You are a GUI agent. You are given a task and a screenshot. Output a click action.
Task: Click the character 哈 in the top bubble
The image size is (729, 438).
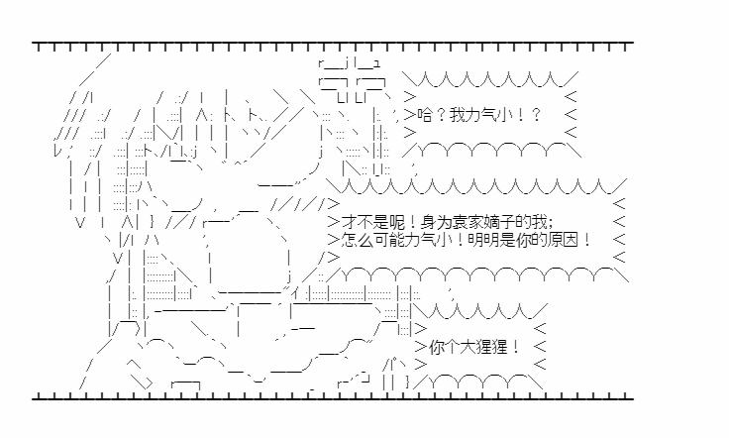click(425, 115)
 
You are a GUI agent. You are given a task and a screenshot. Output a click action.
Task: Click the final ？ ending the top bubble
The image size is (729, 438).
click(535, 115)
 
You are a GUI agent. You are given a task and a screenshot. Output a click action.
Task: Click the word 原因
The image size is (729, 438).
click(564, 240)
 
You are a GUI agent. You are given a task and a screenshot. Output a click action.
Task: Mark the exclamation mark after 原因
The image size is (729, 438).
click(586, 240)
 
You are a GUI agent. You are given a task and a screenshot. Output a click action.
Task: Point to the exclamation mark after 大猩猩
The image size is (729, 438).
click(516, 347)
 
